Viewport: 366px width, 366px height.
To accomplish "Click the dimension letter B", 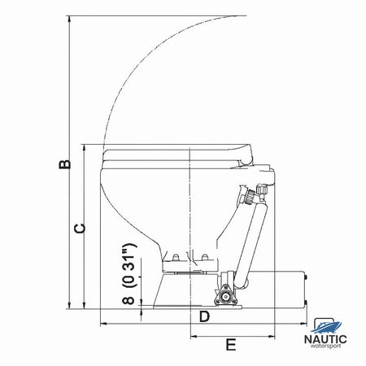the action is click(x=65, y=164).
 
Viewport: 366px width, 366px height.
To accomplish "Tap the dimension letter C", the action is click(x=80, y=229).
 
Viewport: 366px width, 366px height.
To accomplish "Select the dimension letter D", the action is click(x=204, y=316).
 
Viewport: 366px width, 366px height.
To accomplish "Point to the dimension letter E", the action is click(x=231, y=345).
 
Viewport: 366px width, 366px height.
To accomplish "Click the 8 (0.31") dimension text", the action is click(x=129, y=274).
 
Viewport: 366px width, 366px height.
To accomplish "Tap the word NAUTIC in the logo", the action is click(x=325, y=339).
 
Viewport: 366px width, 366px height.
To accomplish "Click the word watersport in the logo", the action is click(x=325, y=346).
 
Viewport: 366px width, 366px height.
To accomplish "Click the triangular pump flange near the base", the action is click(x=225, y=296).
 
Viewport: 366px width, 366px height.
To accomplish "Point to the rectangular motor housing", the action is click(x=277, y=290).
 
